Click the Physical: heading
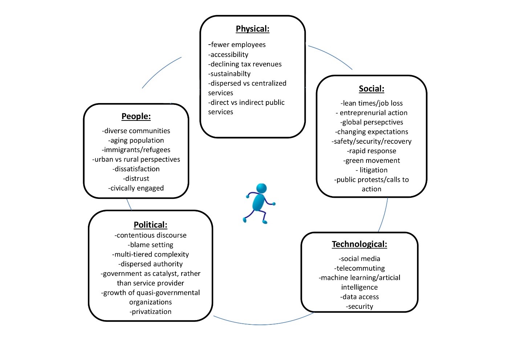(252, 29)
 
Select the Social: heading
(371, 89)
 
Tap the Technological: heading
(359, 244)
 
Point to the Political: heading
(150, 225)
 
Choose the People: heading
(136, 116)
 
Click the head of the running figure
(261, 188)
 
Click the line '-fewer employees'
(237, 45)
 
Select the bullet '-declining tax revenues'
(245, 64)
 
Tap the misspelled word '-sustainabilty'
(230, 74)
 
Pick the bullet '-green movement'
(372, 160)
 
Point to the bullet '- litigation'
(372, 170)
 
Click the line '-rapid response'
(372, 151)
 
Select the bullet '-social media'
(360, 259)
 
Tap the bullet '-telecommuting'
(360, 268)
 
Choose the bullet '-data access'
(360, 297)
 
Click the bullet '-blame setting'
(151, 245)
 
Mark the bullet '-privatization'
(151, 312)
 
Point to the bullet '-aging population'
(136, 140)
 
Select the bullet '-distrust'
(136, 179)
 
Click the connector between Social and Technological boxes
(384, 215)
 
